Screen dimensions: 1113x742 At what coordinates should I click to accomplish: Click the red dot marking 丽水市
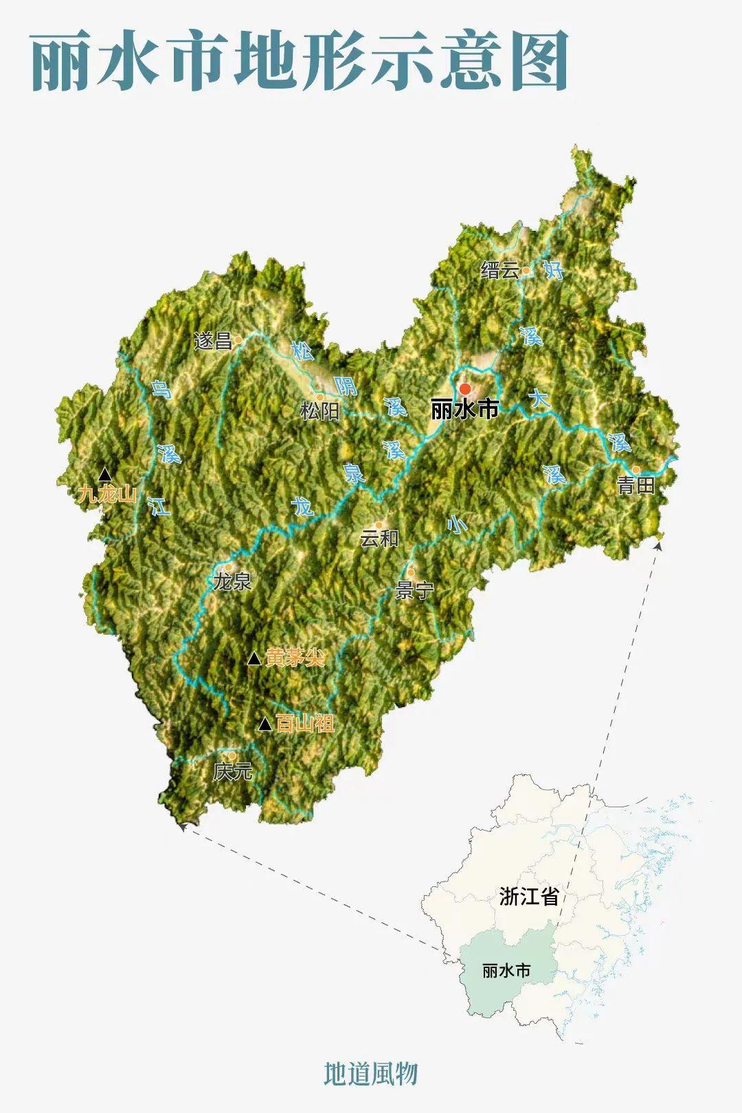(465, 389)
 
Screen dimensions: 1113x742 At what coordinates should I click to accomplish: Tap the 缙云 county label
(500, 270)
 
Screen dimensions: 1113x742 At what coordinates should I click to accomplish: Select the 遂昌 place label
(213, 341)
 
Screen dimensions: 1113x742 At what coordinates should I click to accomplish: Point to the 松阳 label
(319, 411)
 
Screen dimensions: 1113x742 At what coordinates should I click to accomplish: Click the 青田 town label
(636, 486)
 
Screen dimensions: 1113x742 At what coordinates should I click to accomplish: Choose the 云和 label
(379, 538)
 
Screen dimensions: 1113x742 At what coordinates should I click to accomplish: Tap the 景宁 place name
(414, 590)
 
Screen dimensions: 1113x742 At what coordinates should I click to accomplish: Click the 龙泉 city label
(232, 582)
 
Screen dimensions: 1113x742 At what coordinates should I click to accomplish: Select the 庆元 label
(232, 772)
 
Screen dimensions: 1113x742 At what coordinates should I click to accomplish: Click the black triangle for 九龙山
(104, 474)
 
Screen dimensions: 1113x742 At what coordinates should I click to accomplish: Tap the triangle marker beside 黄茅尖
(254, 659)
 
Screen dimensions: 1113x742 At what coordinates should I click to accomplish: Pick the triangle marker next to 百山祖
(265, 723)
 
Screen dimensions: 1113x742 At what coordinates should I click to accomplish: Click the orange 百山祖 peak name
(304, 723)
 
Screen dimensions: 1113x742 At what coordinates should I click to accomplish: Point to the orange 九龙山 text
(106, 494)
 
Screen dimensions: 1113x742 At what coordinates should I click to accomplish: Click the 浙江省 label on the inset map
(528, 896)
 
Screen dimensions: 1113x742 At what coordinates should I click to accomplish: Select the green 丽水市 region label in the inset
(506, 971)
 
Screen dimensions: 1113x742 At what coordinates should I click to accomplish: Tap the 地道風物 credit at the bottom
(371, 1073)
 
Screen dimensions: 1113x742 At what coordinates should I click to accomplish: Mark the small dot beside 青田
(636, 470)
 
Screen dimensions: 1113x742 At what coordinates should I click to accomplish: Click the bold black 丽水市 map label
(464, 410)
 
